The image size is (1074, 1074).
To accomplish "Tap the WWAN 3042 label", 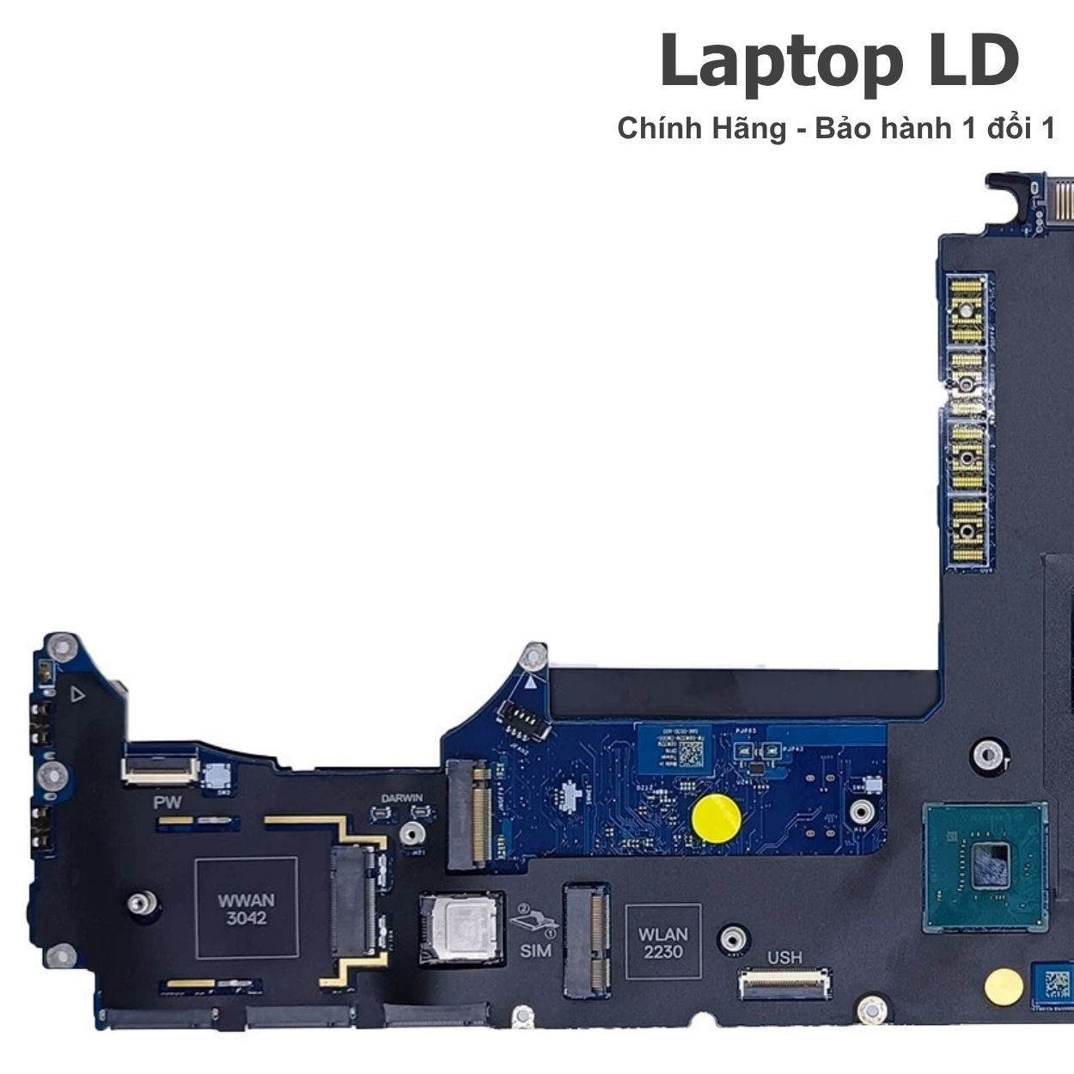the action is tap(247, 909).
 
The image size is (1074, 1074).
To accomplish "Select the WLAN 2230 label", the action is tap(662, 942).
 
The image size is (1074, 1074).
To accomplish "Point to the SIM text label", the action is tap(535, 951).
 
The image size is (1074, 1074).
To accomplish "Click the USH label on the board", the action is tap(784, 957).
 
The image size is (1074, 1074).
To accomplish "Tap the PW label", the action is tap(167, 803).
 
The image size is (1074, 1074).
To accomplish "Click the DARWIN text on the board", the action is tap(402, 798).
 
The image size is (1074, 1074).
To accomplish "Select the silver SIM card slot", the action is tap(461, 930).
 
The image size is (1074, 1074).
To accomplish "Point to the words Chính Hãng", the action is tap(701, 129).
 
